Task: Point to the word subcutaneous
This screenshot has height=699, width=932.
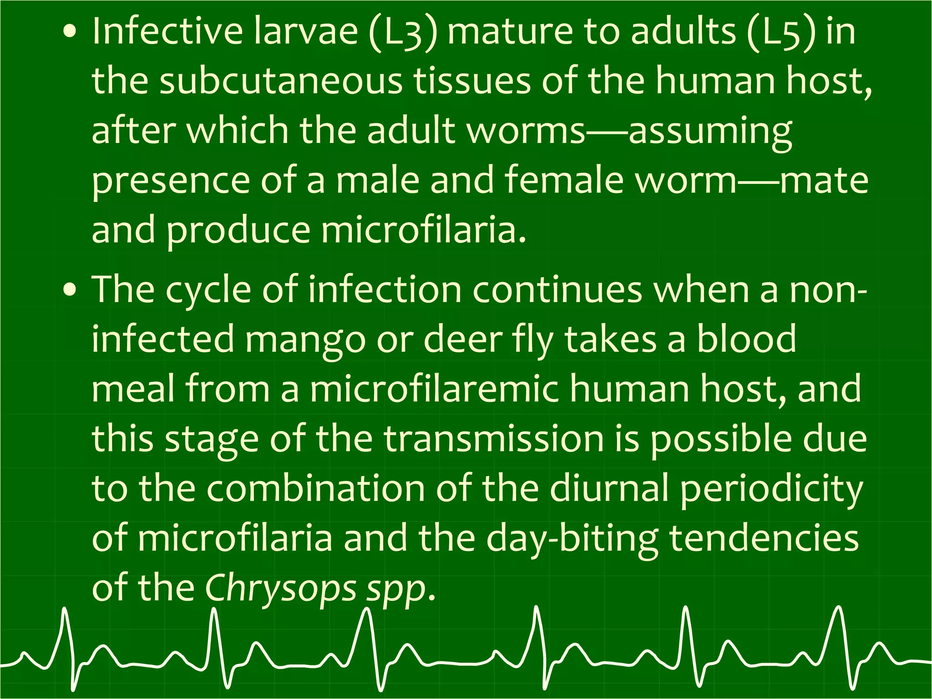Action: tap(281, 81)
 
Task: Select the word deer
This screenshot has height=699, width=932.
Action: tap(462, 339)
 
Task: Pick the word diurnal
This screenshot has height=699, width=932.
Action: tap(609, 488)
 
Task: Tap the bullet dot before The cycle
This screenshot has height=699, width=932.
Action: tap(70, 290)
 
